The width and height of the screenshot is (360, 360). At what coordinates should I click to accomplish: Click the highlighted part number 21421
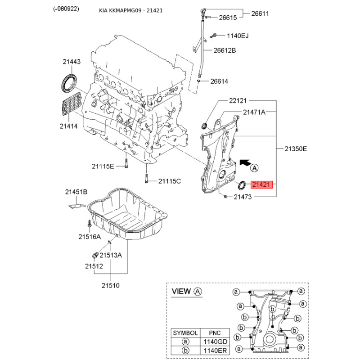tap(261, 184)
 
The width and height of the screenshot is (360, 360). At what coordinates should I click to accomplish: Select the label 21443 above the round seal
tap(72, 62)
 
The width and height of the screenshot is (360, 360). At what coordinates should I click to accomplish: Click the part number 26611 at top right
tap(260, 13)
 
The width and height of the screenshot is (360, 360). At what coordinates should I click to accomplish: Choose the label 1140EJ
tap(238, 36)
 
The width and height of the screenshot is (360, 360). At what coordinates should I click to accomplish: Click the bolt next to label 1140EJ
tap(213, 36)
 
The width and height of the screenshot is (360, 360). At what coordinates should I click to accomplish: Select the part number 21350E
tap(296, 149)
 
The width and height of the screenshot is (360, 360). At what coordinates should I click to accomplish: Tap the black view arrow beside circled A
tap(245, 162)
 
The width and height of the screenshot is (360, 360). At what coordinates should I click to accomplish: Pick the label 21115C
tap(170, 181)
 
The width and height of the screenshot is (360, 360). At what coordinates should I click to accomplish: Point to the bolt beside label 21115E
tap(126, 164)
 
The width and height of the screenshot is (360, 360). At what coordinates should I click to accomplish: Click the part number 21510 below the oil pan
tap(111, 286)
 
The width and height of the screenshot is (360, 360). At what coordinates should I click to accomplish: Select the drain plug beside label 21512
tap(95, 255)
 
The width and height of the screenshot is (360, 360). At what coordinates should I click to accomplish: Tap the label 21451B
tap(76, 192)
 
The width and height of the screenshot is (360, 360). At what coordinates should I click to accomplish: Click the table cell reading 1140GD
tap(215, 342)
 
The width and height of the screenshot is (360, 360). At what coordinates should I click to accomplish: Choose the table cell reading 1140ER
tap(215, 351)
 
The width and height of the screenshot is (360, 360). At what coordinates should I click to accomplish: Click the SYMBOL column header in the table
tap(185, 333)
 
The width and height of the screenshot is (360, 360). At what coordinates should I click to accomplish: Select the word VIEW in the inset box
tap(181, 291)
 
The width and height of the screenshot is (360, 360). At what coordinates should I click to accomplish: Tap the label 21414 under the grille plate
tap(69, 126)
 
